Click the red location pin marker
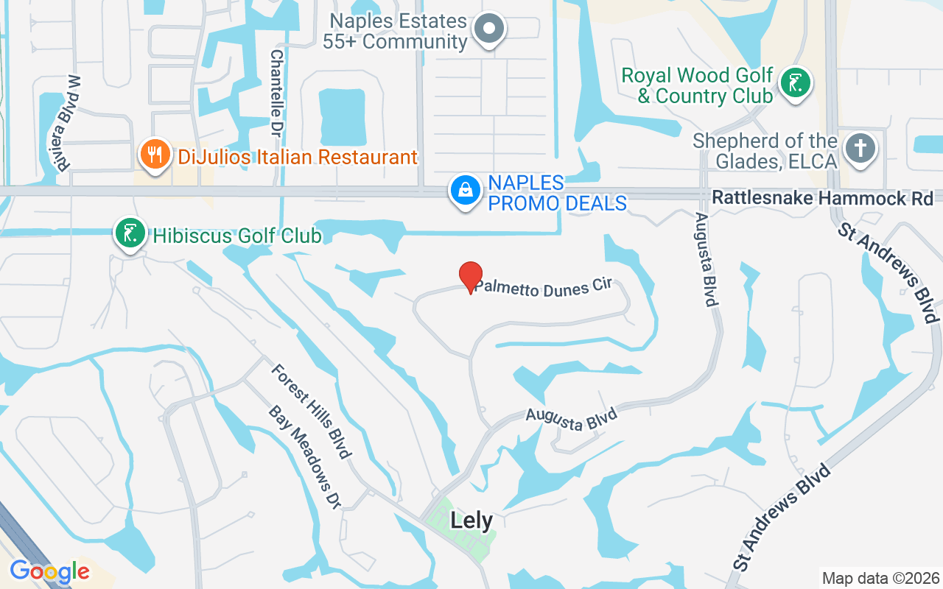tap(471, 276)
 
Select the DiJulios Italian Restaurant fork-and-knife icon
tap(154, 155)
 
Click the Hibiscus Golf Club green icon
tap(129, 233)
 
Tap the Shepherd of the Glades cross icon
tap(859, 148)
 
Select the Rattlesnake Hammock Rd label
tap(822, 198)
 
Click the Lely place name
tap(471, 521)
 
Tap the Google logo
tap(49, 571)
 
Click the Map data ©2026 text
tap(880, 578)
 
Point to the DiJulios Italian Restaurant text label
tap(298, 157)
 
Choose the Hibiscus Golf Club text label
tap(237, 236)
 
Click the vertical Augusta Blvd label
tap(705, 259)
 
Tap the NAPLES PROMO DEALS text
tap(557, 193)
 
